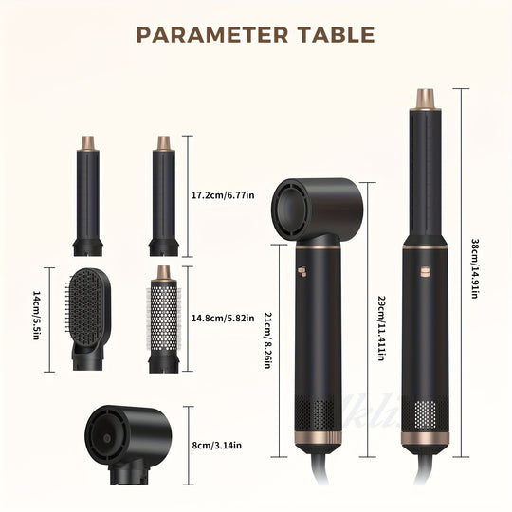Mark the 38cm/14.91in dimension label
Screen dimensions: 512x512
click(475, 268)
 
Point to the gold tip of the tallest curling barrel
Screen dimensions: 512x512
click(423, 99)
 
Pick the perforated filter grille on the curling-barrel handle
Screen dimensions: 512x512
click(423, 417)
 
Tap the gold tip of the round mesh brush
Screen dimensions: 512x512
click(163, 275)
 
